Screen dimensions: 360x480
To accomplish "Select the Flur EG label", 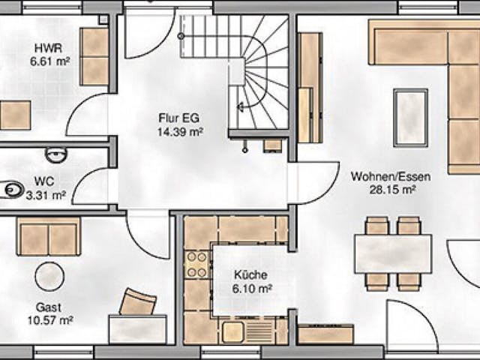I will (181, 118).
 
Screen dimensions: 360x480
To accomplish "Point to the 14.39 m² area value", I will (181, 131).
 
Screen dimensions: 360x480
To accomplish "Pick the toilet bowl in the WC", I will (14, 190).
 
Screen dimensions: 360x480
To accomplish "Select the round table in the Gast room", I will (49, 276).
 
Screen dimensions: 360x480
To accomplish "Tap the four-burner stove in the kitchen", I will (196, 263).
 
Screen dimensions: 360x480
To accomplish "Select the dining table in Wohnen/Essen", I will (393, 253).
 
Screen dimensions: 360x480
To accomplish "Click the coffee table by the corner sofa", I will (411, 116).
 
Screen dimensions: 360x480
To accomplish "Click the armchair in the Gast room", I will (137, 301).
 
